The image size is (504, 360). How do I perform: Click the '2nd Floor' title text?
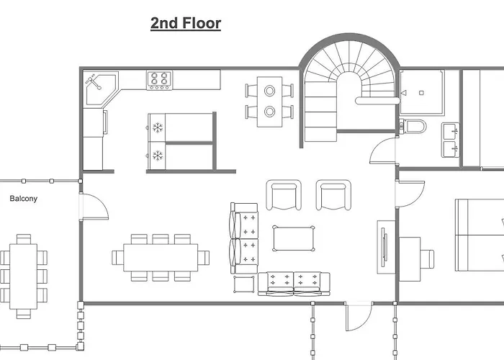186,23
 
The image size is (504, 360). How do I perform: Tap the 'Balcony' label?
24,198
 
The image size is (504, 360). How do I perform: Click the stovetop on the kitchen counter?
159,81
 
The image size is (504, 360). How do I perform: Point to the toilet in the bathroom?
413,126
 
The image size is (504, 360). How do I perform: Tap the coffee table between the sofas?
294,238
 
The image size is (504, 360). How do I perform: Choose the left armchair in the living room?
284,195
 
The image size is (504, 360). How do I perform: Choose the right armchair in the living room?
333,195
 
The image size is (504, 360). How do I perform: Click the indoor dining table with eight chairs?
161,258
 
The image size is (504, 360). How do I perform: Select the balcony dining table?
24,276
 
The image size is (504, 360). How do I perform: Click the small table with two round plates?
270,102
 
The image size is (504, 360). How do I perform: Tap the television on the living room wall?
384,247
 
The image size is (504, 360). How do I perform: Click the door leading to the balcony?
95,207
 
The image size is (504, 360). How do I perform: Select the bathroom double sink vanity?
451,140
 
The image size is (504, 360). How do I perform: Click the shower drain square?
421,93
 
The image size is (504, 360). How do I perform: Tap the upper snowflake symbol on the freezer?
158,127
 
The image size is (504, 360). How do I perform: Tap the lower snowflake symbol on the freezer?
158,156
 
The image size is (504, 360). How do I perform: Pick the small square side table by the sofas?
244,284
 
